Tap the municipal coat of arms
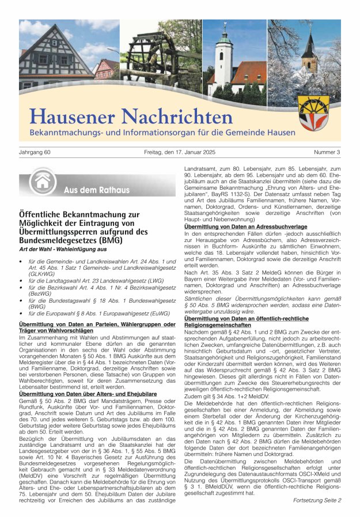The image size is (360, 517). [314, 112]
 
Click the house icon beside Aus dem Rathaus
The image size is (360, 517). [42, 182]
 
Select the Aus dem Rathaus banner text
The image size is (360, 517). [89, 190]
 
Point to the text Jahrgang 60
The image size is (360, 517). [35, 152]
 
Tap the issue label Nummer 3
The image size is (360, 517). [327, 152]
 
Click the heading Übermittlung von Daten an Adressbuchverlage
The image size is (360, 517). [237, 227]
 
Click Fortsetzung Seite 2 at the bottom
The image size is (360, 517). [317, 500]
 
